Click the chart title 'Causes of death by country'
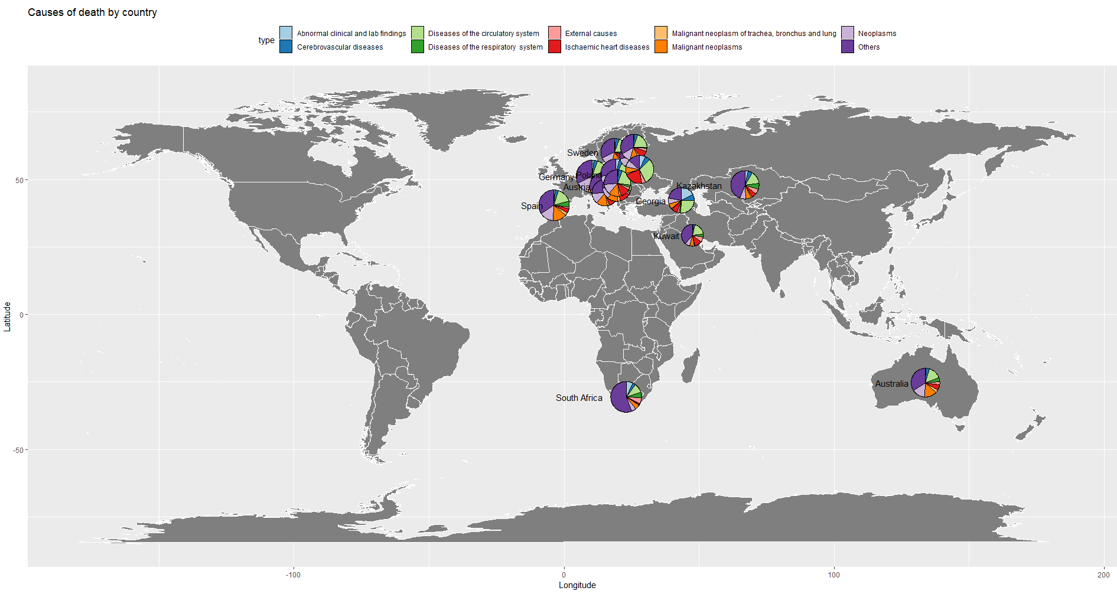click(x=92, y=12)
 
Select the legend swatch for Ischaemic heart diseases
click(x=554, y=47)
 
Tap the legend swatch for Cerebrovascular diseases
click(x=286, y=47)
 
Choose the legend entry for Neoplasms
click(x=877, y=33)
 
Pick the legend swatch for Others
click(x=848, y=47)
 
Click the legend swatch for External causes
click(x=554, y=33)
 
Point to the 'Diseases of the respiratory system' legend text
click(x=485, y=47)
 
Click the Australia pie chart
click(x=925, y=383)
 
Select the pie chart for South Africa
click(x=626, y=397)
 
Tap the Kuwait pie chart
click(x=692, y=235)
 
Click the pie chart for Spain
click(x=554, y=205)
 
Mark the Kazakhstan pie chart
click(x=745, y=184)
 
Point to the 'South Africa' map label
click(x=579, y=398)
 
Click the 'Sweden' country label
click(x=582, y=153)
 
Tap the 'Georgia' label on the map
click(x=650, y=201)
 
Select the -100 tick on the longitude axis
click(x=293, y=575)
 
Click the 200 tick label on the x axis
click(x=1103, y=575)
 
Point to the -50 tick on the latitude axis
click(x=18, y=450)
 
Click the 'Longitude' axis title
click(x=577, y=585)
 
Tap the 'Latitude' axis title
click(x=7, y=316)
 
